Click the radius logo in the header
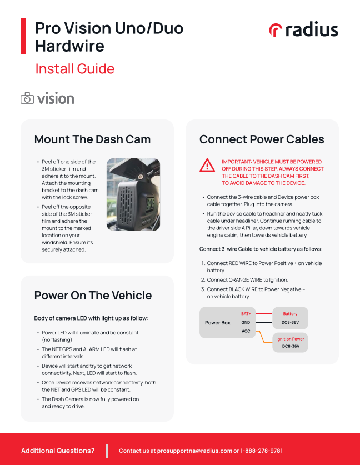pos(303,30)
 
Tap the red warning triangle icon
pos(207,165)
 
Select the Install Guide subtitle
pos(74,69)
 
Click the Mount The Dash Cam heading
pos(92,139)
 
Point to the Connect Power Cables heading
pos(262,139)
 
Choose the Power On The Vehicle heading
pos(93,295)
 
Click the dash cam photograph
pos(133,194)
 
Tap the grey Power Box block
pos(218,323)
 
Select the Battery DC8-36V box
pos(290,318)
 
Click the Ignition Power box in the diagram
pos(290,342)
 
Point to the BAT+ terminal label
pos(246,314)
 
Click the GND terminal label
pos(246,322)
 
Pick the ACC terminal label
pos(246,331)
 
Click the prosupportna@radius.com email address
pos(194,451)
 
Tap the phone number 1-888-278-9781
pos(262,451)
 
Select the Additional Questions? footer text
pos(58,451)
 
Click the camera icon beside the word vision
pos(27,99)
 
